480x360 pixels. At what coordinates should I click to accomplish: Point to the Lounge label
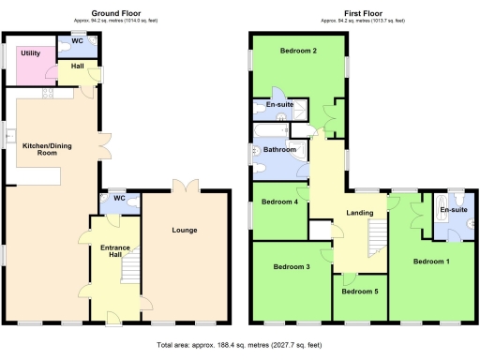point(184,229)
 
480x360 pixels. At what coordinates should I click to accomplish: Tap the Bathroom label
point(280,150)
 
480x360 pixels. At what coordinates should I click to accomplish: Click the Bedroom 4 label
point(279,202)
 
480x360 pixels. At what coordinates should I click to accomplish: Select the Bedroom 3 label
point(292,267)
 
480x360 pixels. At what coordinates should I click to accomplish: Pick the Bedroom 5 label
point(360,292)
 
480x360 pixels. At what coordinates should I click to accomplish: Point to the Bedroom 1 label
point(432,261)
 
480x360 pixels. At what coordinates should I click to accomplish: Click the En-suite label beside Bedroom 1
point(455,209)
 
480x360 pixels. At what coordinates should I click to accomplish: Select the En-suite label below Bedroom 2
point(279,106)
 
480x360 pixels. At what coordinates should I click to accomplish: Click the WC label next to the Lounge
point(119,198)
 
